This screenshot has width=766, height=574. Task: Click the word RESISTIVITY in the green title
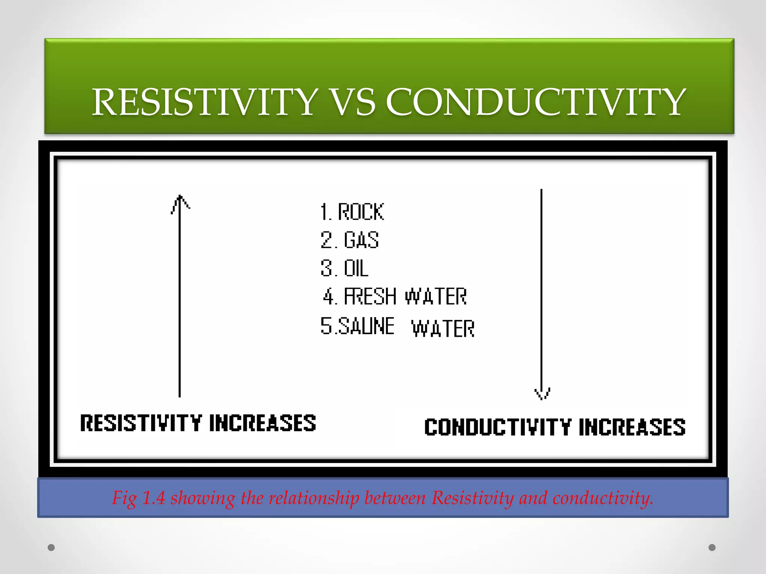205,102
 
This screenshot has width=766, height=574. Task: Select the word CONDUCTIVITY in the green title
536,102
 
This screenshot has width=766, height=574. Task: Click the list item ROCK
361,212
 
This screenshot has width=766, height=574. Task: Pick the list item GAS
361,240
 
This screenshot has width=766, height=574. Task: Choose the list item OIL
356,268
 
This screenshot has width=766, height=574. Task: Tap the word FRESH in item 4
370,297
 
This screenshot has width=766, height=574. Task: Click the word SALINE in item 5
366,326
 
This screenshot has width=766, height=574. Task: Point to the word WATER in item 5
443,329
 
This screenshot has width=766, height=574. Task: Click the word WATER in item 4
436,297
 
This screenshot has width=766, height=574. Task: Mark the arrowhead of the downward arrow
542,394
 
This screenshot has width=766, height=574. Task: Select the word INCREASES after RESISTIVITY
263,423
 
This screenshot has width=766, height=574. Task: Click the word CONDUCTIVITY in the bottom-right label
498,427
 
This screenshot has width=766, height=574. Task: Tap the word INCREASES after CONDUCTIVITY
632,427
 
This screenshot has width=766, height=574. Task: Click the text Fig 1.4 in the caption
138,498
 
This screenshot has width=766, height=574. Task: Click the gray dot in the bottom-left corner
51,547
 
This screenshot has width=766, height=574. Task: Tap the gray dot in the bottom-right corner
712,547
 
